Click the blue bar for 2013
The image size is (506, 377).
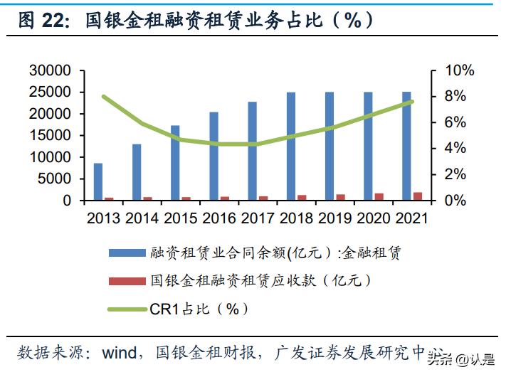pyautogui.click(x=98, y=182)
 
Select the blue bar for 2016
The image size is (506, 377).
pyautogui.click(x=214, y=156)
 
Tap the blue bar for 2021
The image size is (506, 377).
pyautogui.click(x=406, y=146)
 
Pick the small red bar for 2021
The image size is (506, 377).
pyautogui.click(x=417, y=196)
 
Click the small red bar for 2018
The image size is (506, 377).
pyautogui.click(x=302, y=198)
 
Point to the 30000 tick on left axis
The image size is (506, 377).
pyautogui.click(x=51, y=70)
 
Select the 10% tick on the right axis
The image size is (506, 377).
pyautogui.click(x=460, y=70)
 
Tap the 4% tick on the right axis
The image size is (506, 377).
pyautogui.click(x=455, y=148)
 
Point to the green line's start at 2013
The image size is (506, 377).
pyautogui.click(x=104, y=96)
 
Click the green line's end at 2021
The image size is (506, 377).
pyautogui.click(x=411, y=102)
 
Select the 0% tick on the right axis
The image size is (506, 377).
pyautogui.click(x=455, y=201)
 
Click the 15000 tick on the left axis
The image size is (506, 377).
pyautogui.click(x=51, y=135)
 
